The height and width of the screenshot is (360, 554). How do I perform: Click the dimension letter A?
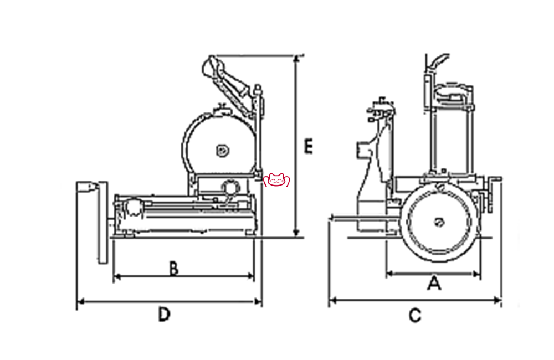[434, 284]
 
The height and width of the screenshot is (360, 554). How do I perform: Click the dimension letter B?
[173, 269]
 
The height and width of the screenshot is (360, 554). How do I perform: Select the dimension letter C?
[415, 316]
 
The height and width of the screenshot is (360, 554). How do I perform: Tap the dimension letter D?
[163, 315]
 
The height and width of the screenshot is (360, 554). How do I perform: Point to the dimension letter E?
[309, 147]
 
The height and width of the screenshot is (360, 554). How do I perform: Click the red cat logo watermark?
[278, 180]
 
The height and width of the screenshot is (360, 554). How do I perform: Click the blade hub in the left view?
[221, 150]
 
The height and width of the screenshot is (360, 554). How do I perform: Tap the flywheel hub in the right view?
[439, 223]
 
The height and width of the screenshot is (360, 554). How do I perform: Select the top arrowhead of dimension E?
[297, 58]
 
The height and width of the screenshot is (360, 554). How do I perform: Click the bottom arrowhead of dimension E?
[297, 234]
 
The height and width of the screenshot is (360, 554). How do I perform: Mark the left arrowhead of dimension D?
[79, 301]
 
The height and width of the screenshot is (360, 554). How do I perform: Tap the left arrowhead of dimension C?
[332, 301]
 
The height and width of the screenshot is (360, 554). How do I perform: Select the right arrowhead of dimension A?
[474, 272]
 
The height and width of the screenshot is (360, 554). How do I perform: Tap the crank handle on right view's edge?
[493, 191]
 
